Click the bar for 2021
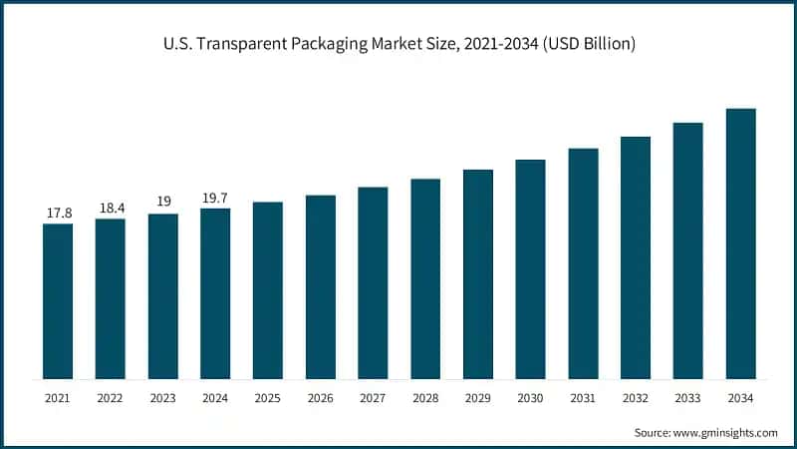point(58,301)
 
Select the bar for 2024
point(215,293)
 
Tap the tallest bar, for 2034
point(740,243)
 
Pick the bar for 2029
point(478,274)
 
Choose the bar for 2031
point(583,263)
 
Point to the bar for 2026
point(321,286)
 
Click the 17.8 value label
point(58,213)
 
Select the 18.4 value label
point(111,208)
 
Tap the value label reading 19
point(163,202)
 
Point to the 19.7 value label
point(215,198)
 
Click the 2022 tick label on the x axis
point(111,398)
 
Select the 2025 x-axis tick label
point(268,398)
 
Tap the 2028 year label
point(425,398)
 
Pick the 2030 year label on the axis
point(530,398)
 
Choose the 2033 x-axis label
point(687,398)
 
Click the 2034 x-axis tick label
point(740,398)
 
